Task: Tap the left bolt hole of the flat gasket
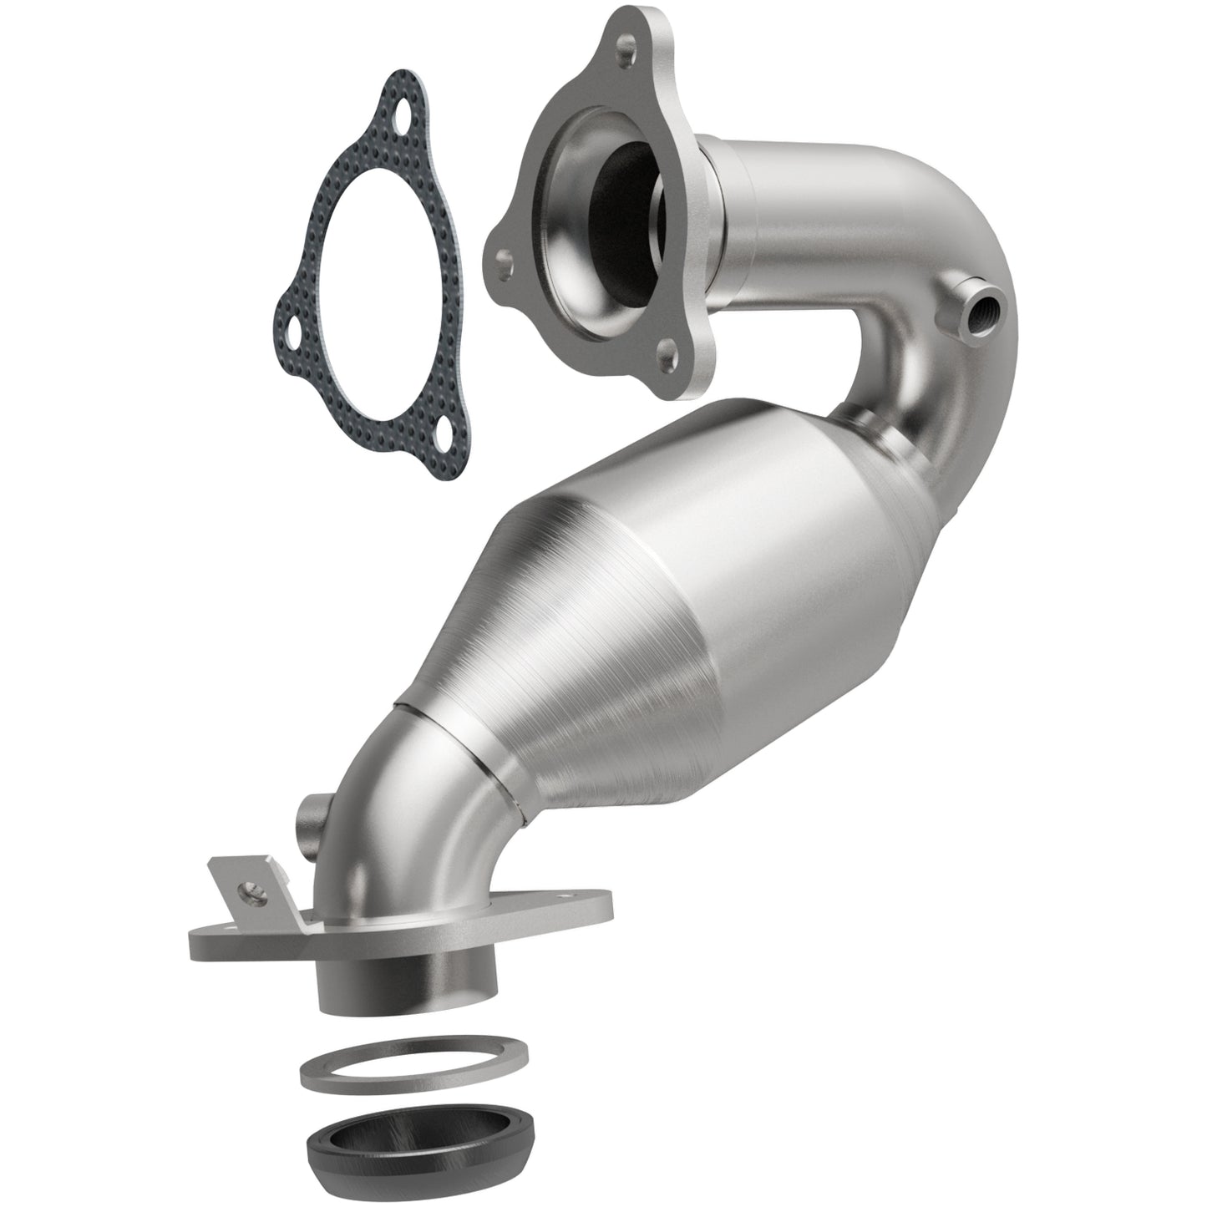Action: point(294,327)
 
